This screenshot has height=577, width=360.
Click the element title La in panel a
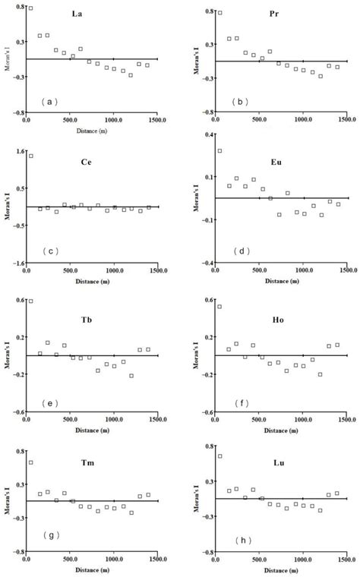click(77, 14)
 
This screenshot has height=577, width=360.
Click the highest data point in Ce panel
click(31, 156)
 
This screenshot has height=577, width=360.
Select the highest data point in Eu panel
click(219, 150)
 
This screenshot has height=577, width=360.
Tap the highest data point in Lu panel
click(219, 456)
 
